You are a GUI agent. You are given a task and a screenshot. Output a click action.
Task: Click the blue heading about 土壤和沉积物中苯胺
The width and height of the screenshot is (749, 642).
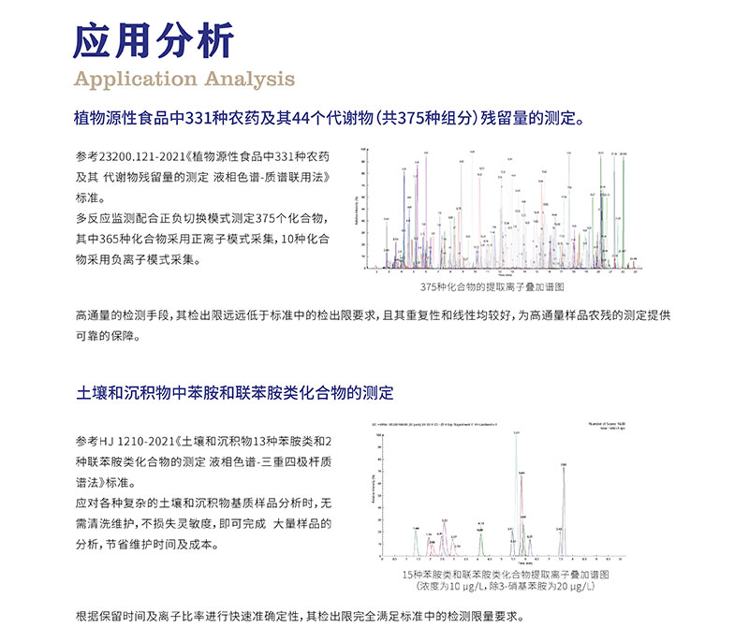pyautogui.click(x=234, y=392)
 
